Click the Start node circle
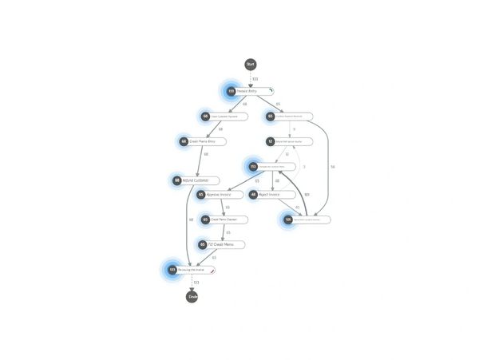[x=250, y=64]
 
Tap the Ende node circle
[x=192, y=297]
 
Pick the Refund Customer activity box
[x=200, y=180]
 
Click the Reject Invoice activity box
[x=274, y=195]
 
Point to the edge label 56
[x=333, y=167]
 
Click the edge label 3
[x=304, y=167]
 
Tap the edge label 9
[x=294, y=129]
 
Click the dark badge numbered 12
[x=271, y=141]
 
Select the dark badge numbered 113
[x=253, y=167]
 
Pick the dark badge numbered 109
[x=287, y=219]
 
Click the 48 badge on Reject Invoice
[x=253, y=195]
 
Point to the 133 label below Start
[x=255, y=78]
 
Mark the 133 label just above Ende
[x=196, y=283]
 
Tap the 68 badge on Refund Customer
[x=177, y=180]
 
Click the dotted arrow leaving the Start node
[x=250, y=77]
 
